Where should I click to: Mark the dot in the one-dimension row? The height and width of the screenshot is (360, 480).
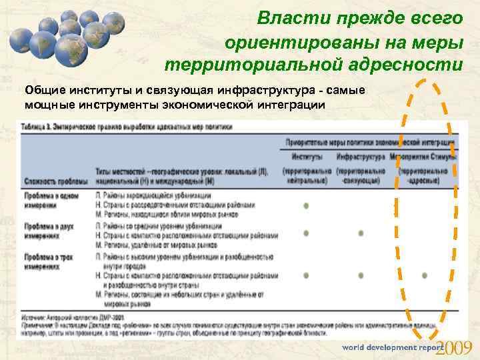pyautogui.click(x=306, y=205)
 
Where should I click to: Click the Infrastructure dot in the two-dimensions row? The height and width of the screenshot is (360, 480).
pyautogui.click(x=361, y=233)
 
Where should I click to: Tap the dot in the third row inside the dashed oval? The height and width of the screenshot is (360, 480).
pyautogui.click(x=424, y=275)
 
